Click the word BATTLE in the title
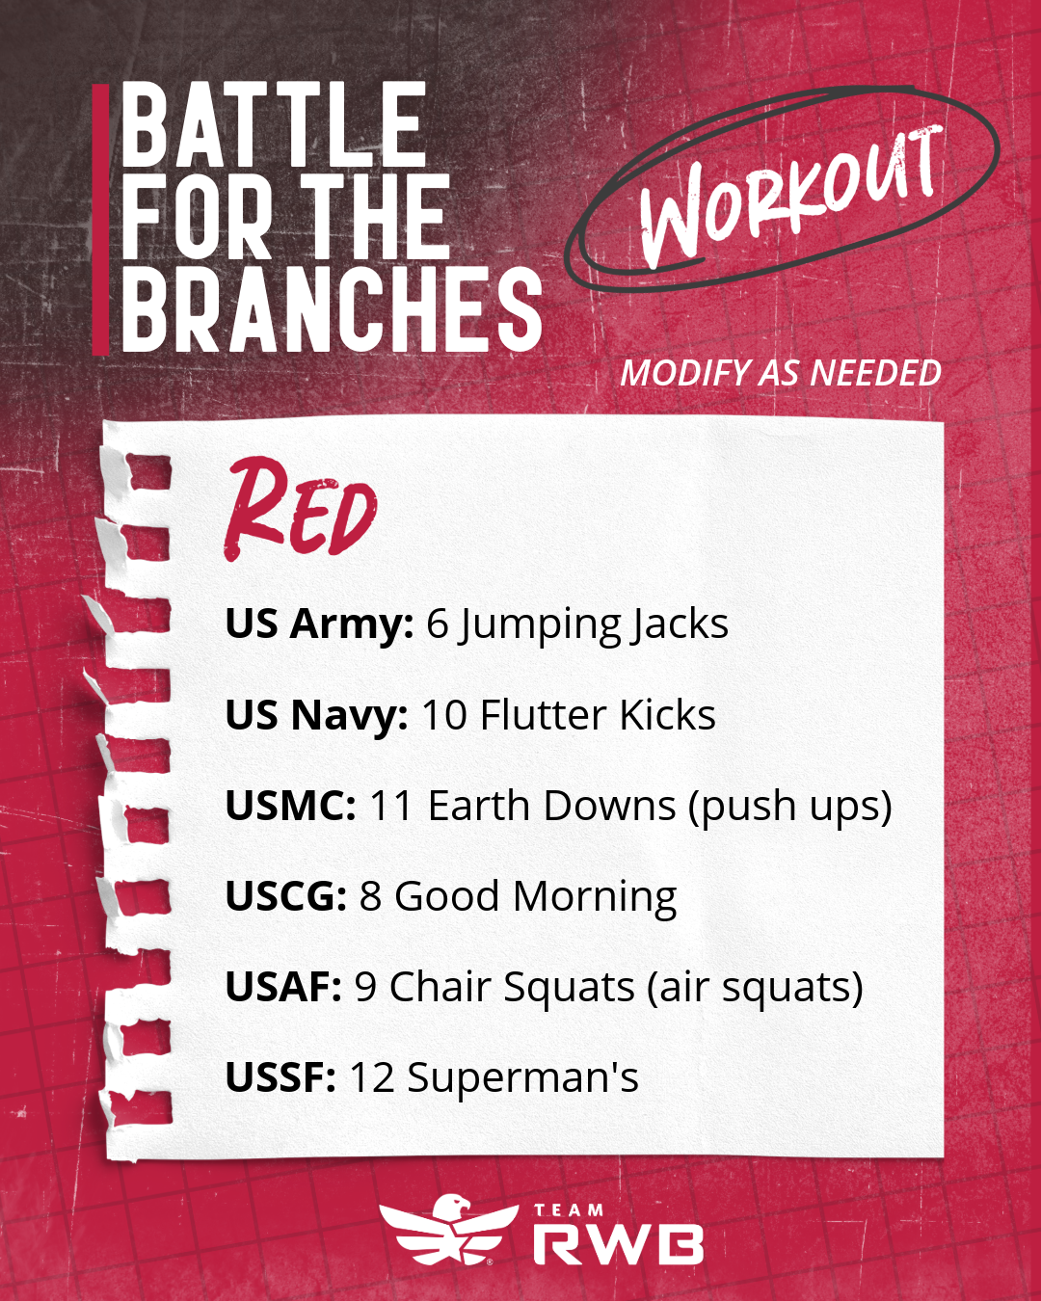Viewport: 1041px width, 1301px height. [275, 124]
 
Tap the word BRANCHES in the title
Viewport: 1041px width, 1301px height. [333, 309]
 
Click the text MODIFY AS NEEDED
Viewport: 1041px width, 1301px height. [781, 372]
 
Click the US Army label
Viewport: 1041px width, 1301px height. [319, 624]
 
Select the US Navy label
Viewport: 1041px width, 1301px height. [316, 715]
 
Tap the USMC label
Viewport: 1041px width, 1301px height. [290, 806]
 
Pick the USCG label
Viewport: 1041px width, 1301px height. [285, 896]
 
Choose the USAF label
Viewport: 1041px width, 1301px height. [283, 987]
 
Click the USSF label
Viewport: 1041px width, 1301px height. [280, 1077]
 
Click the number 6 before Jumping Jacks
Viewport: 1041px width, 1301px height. [437, 624]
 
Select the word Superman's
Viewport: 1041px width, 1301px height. [522, 1078]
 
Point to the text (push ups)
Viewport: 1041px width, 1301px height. [789, 807]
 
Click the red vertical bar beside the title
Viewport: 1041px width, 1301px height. [100, 219]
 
